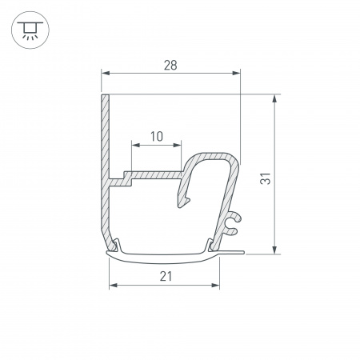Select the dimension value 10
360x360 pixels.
(156, 136)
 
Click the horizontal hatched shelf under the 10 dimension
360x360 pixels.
(152, 173)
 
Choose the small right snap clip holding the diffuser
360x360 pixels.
(212, 244)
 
